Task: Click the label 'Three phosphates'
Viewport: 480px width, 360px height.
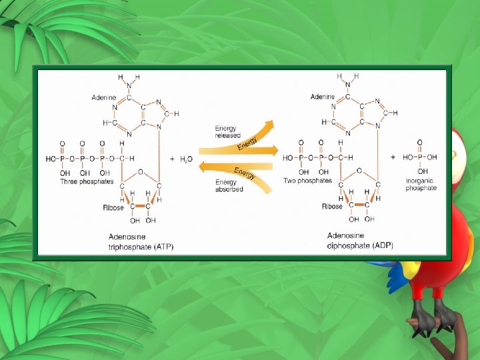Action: (x=87, y=181)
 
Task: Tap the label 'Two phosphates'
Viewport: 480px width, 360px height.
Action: (x=308, y=181)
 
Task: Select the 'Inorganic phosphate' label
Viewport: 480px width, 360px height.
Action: (x=421, y=184)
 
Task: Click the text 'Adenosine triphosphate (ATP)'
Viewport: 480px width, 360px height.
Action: (x=141, y=241)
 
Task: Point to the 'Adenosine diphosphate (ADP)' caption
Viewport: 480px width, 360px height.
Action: (x=360, y=240)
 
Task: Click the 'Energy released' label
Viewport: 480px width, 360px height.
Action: (x=227, y=131)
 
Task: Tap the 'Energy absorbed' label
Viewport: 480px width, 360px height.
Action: (x=229, y=185)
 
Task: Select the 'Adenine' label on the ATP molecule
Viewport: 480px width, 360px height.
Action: (x=103, y=97)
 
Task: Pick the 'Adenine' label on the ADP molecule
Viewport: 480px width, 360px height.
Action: (x=323, y=97)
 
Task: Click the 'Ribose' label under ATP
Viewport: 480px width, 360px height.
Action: (x=113, y=208)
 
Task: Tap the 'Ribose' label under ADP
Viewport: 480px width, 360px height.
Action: (x=332, y=207)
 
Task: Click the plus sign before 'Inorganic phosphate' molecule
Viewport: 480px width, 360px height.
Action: (x=393, y=157)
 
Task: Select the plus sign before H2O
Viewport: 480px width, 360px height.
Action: (x=172, y=159)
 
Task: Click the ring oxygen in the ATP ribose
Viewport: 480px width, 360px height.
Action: (x=140, y=171)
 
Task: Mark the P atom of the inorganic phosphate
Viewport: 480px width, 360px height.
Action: (x=420, y=157)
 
